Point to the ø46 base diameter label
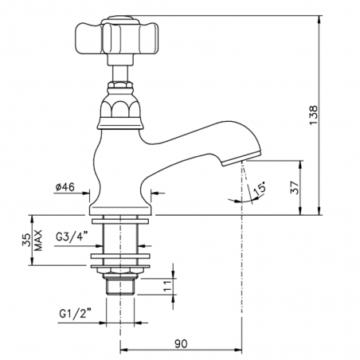coord(65,187)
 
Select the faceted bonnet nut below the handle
coord(119,108)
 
